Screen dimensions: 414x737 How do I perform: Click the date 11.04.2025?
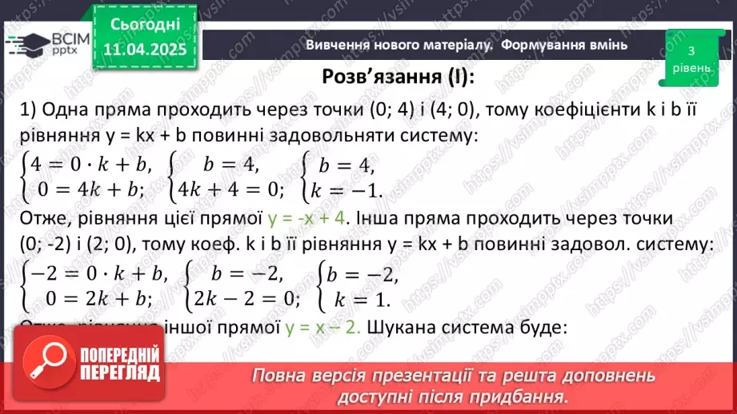[145, 50]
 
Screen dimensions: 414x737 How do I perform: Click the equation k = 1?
[353, 300]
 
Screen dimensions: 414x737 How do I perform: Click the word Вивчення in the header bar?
[337, 45]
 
